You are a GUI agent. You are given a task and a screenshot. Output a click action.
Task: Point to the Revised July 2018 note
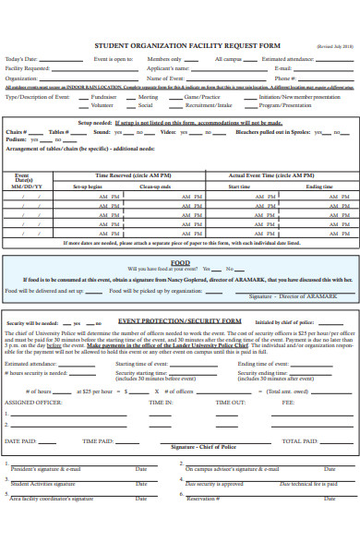point(333,44)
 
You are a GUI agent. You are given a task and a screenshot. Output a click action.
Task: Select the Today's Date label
point(21,59)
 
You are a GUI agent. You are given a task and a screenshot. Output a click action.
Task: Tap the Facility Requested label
point(28,68)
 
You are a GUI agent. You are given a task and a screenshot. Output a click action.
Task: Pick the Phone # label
point(285,78)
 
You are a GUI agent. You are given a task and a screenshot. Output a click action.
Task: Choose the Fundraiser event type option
point(103,96)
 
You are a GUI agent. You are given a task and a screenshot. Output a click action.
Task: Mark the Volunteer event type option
point(102,105)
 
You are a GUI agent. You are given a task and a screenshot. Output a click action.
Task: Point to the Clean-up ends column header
point(154,187)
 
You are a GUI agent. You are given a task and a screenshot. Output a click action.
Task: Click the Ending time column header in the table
point(319,187)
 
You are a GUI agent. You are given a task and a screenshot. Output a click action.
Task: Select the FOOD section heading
point(180,262)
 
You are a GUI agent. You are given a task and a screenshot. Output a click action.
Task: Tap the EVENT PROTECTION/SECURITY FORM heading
point(179,321)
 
